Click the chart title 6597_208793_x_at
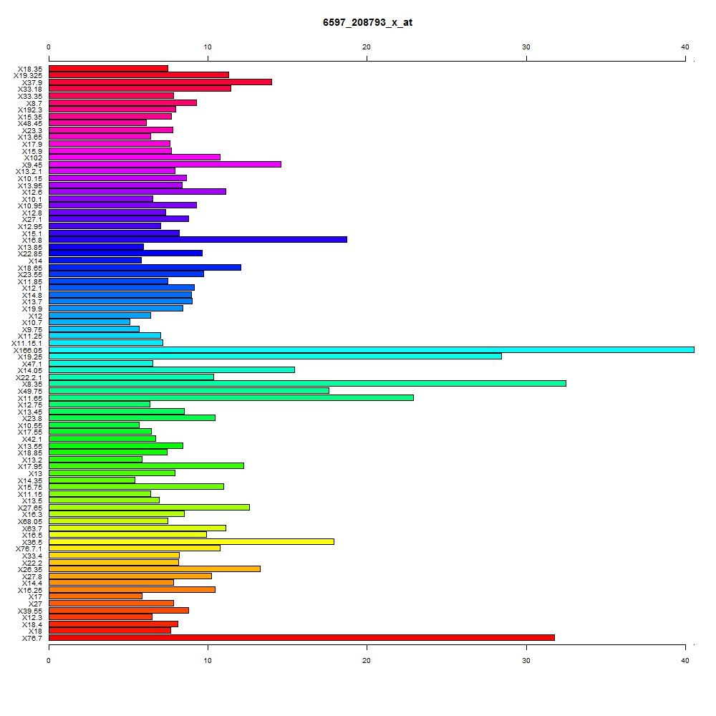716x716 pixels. pos(367,22)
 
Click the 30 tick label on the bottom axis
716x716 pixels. pos(526,661)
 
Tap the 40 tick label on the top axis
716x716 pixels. pos(685,47)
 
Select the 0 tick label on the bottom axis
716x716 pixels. pos(49,661)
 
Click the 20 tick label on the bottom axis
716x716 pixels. pos(367,661)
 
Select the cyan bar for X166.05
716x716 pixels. pos(371,350)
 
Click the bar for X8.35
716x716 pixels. pos(307,384)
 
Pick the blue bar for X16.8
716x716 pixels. pos(198,240)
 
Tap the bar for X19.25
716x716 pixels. pos(275,356)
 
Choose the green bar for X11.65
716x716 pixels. pos(231,397)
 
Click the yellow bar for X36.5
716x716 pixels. pos(191,541)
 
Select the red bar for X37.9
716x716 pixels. pos(160,82)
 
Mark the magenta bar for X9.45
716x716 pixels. pos(165,165)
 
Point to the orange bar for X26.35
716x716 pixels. pos(155,569)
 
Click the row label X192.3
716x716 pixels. pos(29,110)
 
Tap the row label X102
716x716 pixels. pos(33,158)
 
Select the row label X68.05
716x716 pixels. pos(29,521)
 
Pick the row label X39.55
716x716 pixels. pos(29,611)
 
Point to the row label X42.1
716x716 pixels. pos(32,440)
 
